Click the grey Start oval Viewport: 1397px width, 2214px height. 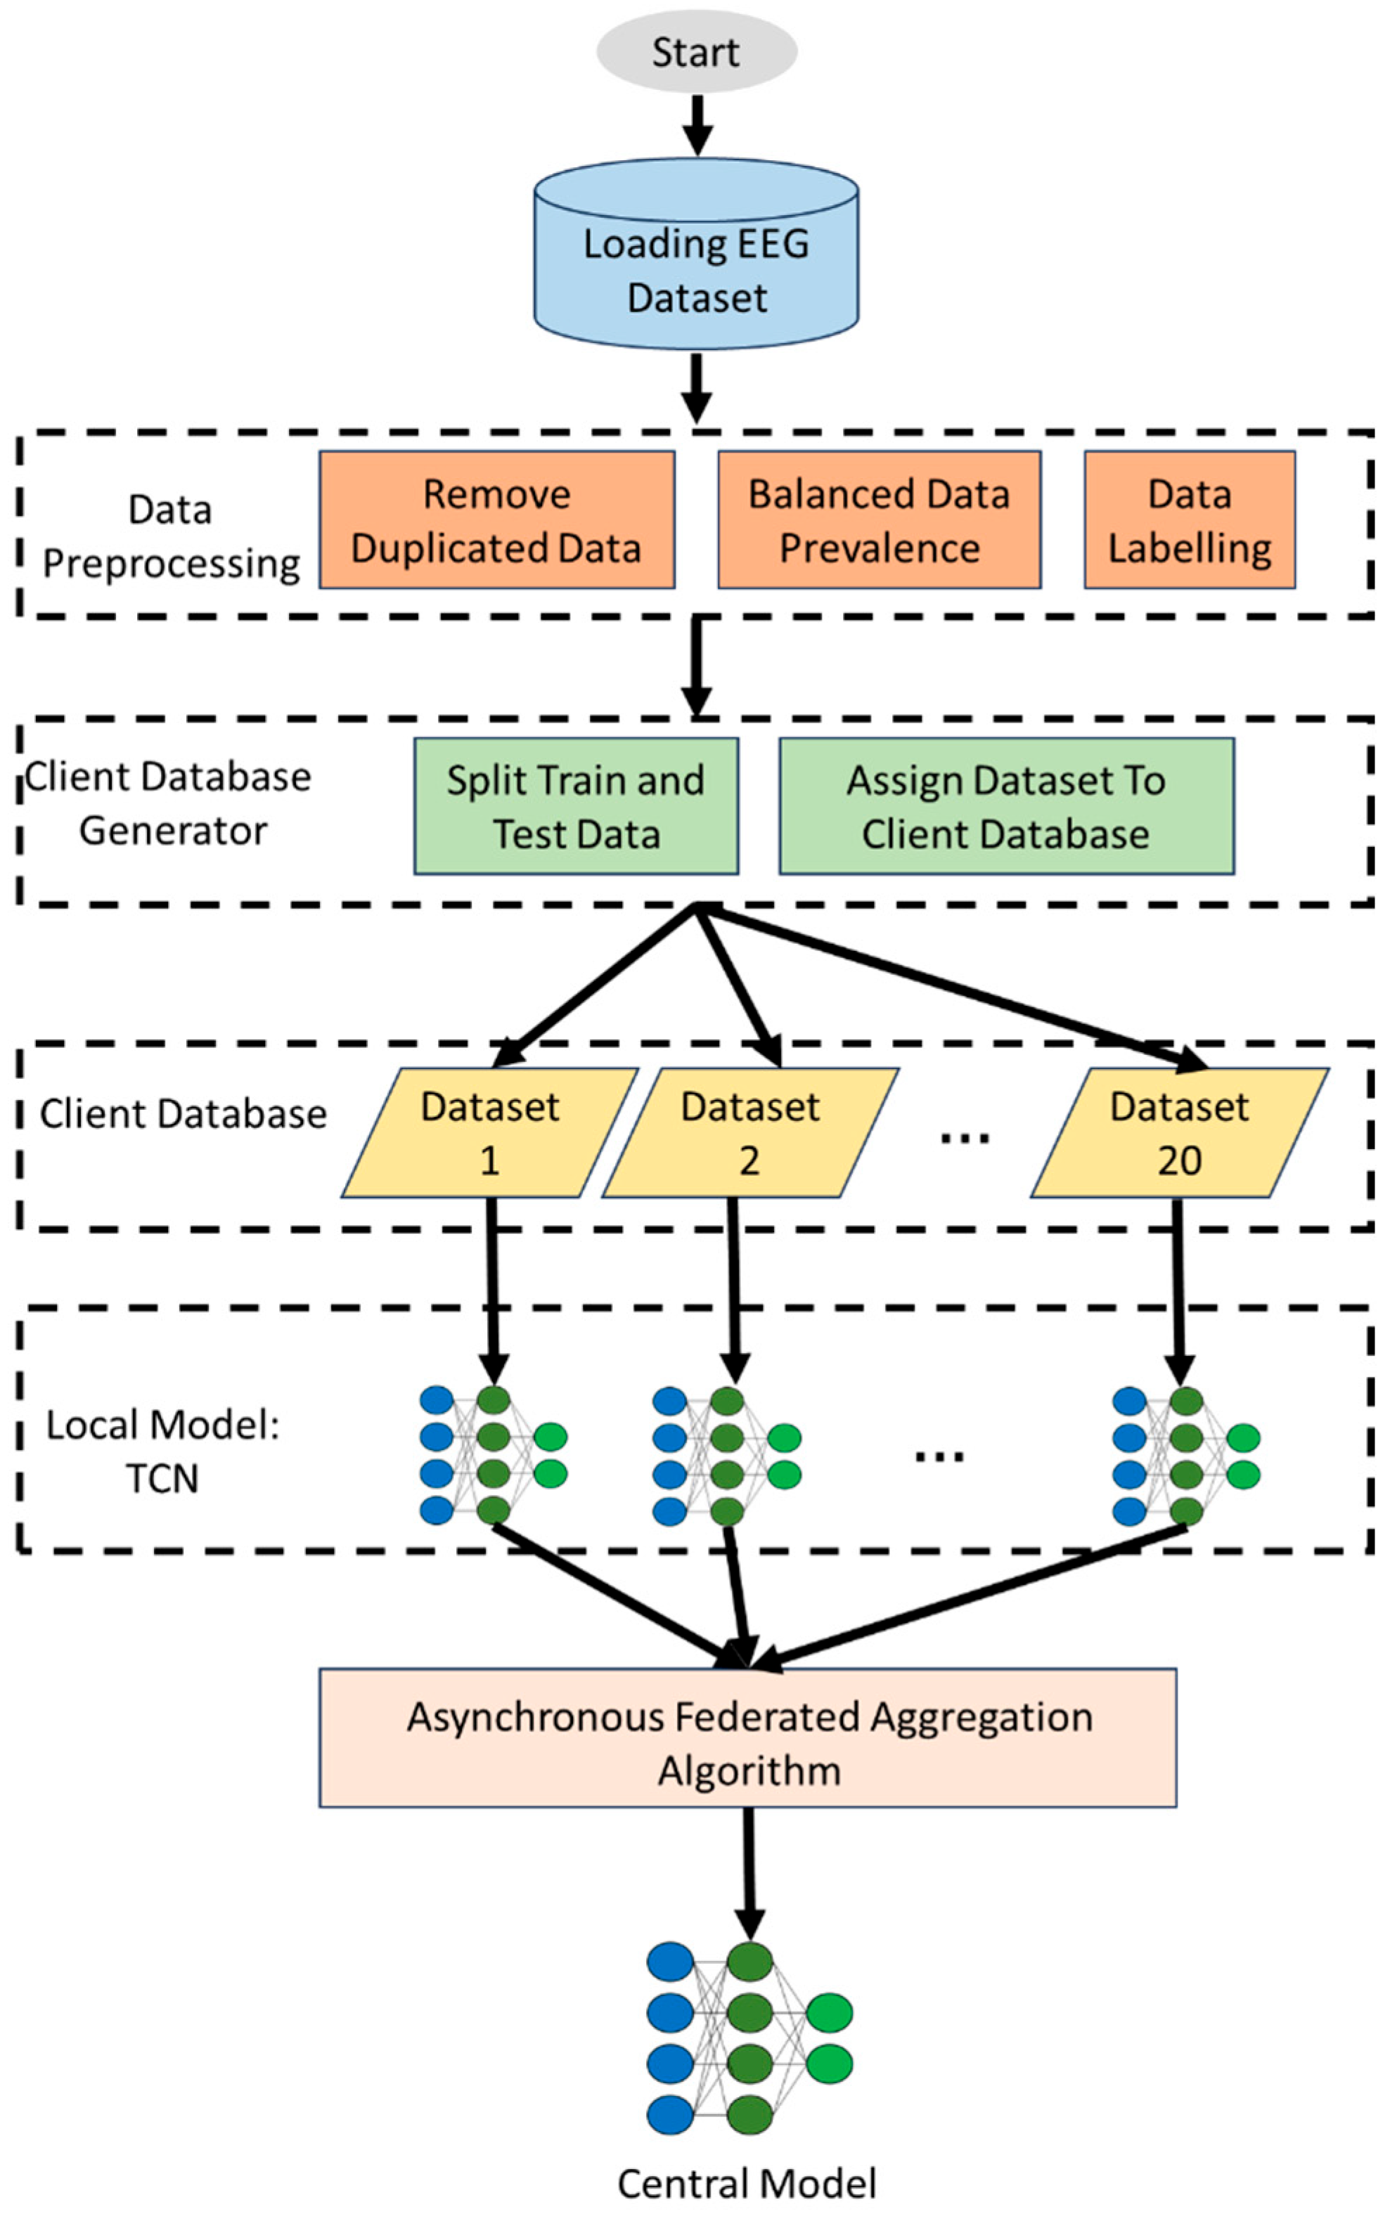(696, 51)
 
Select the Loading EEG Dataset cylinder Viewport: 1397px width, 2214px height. (696, 254)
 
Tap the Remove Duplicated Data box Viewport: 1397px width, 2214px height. (496, 519)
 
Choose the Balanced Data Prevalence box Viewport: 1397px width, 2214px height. (880, 519)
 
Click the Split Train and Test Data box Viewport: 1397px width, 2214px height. (576, 805)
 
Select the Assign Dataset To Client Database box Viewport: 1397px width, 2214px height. (1006, 805)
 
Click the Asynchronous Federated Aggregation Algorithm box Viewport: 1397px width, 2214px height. (747, 1737)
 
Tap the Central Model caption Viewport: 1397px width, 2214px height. (747, 2184)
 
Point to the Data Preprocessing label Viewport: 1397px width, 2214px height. (171, 536)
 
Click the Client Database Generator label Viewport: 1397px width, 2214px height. (168, 803)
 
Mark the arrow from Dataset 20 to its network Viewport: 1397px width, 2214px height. (1179, 1291)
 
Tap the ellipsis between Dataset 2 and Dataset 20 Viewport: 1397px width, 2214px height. (964, 1138)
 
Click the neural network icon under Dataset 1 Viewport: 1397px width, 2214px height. (493, 1454)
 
